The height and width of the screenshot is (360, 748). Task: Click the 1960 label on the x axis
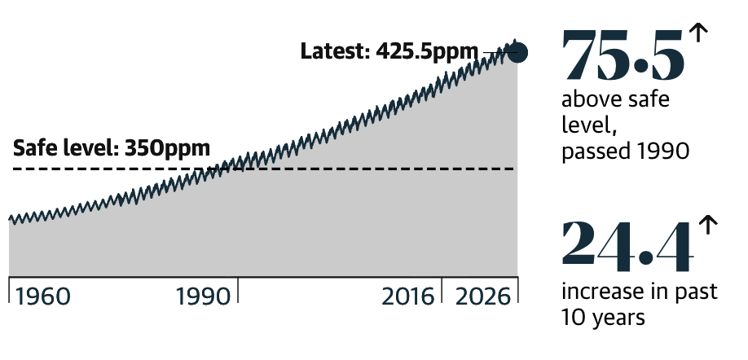[x=43, y=296]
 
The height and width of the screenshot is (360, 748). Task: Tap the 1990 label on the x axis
[x=203, y=296]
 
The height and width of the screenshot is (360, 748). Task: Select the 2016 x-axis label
[x=408, y=296]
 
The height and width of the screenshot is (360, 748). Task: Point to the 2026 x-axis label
[x=482, y=296]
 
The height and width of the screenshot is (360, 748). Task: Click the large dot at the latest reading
[x=517, y=52]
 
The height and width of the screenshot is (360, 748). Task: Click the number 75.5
[x=623, y=55]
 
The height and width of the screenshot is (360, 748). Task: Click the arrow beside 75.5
[x=698, y=33]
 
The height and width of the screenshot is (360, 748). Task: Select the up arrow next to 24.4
[x=708, y=225]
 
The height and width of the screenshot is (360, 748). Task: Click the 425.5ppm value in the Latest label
[x=426, y=51]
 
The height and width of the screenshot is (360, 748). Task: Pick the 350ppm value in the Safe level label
[x=167, y=147]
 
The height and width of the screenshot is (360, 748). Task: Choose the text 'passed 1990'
[x=626, y=151]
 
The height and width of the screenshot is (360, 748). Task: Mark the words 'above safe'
[x=615, y=99]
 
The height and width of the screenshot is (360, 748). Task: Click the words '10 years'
[x=603, y=317]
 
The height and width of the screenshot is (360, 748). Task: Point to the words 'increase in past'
[x=640, y=291]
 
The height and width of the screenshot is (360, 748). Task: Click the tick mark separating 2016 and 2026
[x=442, y=289]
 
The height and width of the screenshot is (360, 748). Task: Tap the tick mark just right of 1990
[x=238, y=289]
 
